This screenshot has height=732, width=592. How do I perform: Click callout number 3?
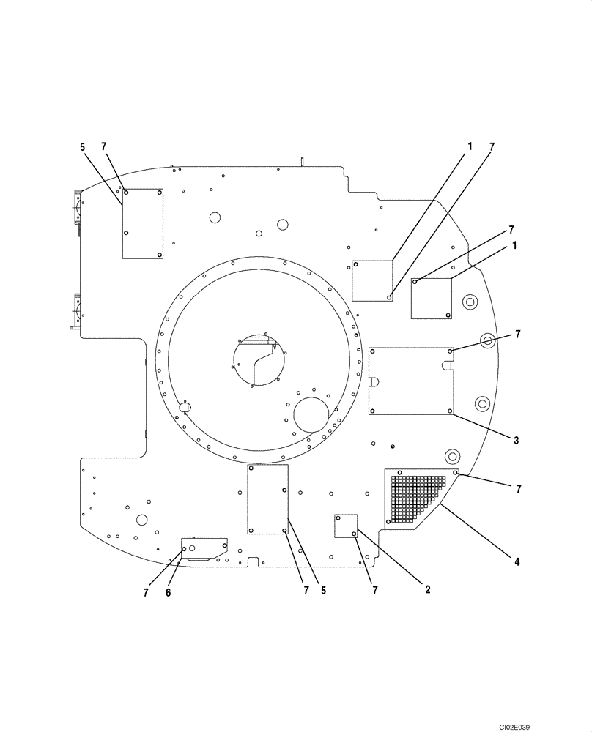[516, 441]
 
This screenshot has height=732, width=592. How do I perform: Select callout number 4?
[517, 562]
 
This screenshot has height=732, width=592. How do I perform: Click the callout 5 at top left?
[82, 146]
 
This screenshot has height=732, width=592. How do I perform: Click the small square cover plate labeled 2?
[345, 526]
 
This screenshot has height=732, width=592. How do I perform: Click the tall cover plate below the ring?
[267, 499]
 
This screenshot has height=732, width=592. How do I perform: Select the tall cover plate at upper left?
[142, 223]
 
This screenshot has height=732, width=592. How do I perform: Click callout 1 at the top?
[470, 146]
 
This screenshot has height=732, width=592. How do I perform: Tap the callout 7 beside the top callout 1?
[492, 146]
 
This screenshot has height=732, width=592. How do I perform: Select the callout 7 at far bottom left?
[146, 592]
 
